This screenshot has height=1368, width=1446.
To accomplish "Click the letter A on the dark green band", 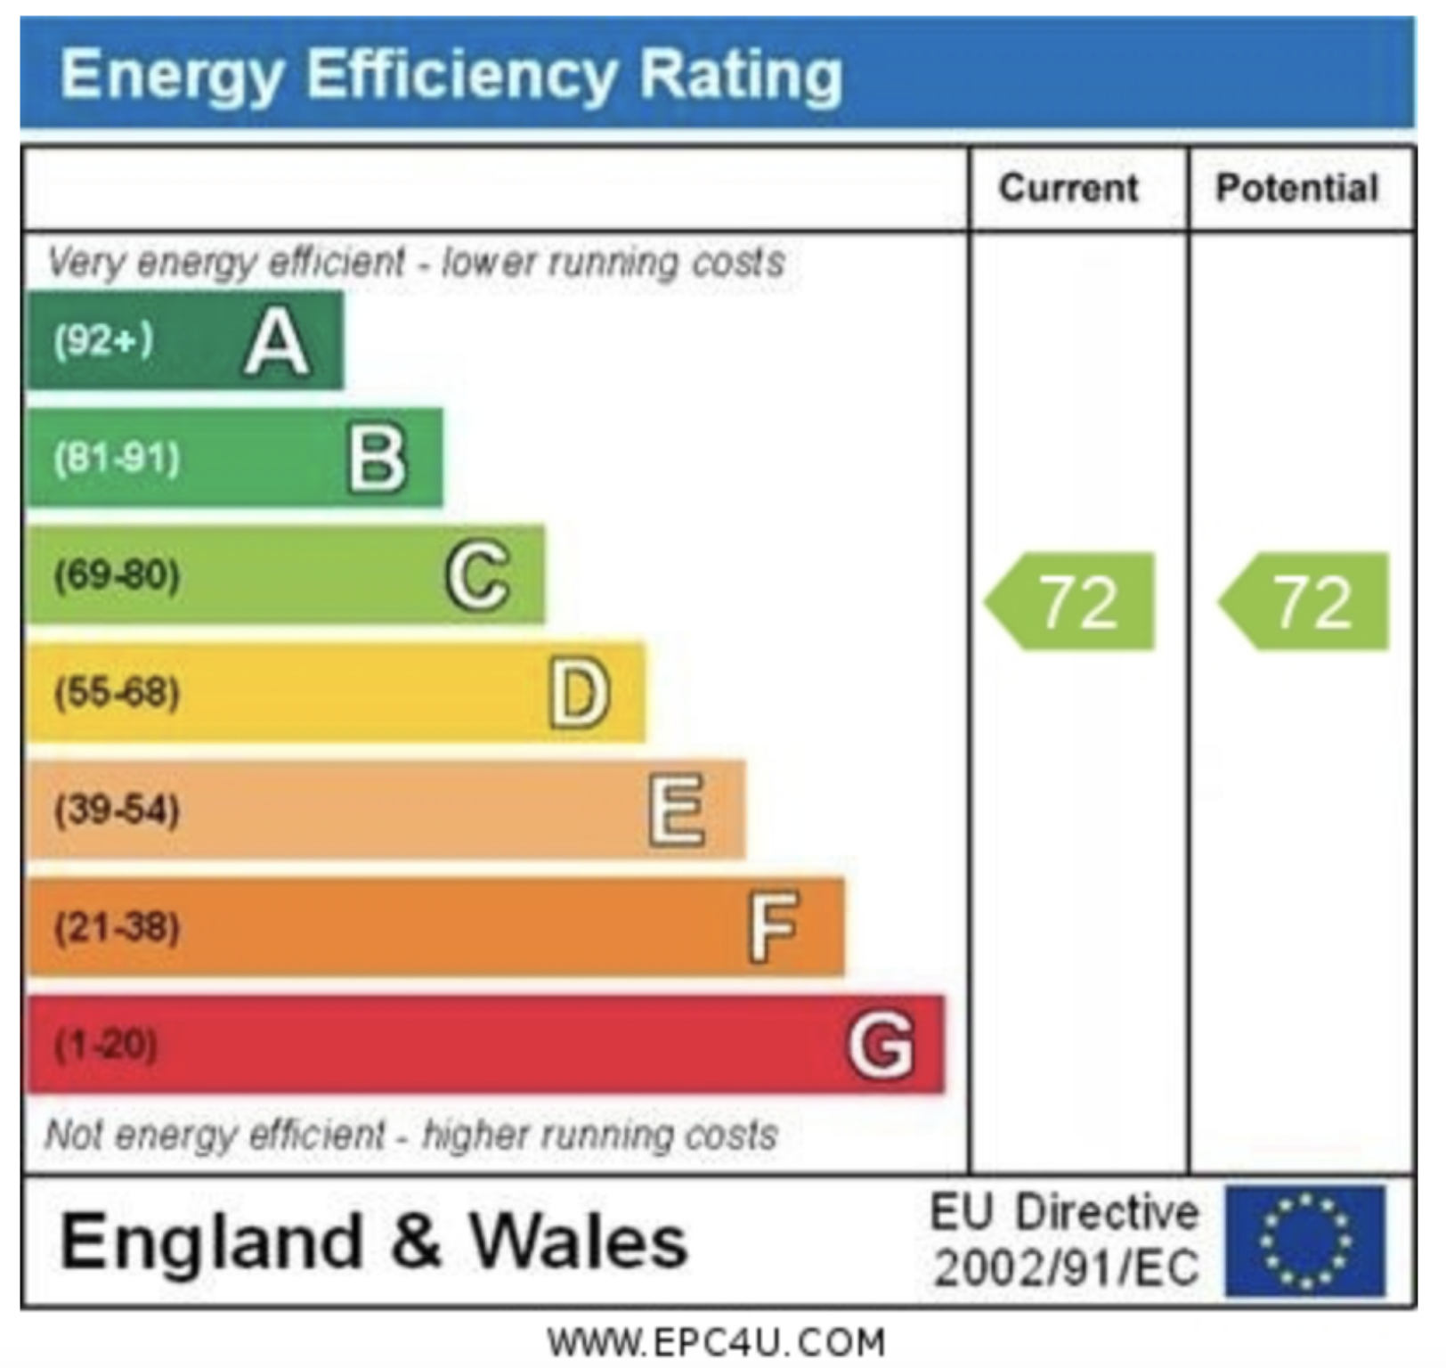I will coord(277,344).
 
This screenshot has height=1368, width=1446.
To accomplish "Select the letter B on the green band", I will coord(378,460).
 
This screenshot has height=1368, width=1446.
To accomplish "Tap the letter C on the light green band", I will coord(478,576).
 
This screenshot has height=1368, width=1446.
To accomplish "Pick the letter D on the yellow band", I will coord(580,694).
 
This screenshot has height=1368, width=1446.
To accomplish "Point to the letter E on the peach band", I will coord(677,810).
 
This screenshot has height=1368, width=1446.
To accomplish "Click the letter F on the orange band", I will coord(773,927).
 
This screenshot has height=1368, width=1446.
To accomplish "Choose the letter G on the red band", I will coord(881,1045).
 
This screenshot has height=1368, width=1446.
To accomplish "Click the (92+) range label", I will coord(103,340).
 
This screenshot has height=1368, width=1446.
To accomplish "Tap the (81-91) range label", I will coord(117,459).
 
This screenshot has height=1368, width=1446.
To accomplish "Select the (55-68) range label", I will coord(117,692).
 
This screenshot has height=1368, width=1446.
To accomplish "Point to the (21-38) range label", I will coord(117,927).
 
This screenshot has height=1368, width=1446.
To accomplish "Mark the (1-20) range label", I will coord(106,1044).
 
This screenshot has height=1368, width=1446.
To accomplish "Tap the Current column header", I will coord(1068,188).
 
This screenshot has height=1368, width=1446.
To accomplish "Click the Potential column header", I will coord(1297,188).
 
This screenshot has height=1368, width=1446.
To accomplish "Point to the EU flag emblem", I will coord(1304,1241).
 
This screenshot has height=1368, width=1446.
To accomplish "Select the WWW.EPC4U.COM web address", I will coord(717,1341).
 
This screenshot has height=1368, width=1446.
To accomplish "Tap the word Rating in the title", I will coord(741,74).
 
